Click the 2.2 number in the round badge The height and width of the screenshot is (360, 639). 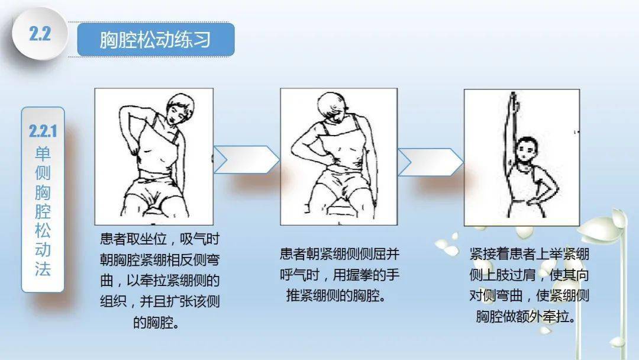[x=40, y=33]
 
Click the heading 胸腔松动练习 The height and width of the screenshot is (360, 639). [x=155, y=40]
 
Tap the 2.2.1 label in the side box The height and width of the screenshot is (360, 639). [x=43, y=131]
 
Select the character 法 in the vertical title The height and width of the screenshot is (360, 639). [x=43, y=269]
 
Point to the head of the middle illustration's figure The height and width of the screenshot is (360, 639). [x=332, y=107]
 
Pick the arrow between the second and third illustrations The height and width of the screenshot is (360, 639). [x=430, y=162]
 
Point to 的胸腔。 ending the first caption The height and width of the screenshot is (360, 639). [x=156, y=323]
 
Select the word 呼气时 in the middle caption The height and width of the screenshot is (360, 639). [x=299, y=275]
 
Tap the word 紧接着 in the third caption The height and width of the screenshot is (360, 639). [x=489, y=254]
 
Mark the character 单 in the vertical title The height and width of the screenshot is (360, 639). [x=43, y=154]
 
